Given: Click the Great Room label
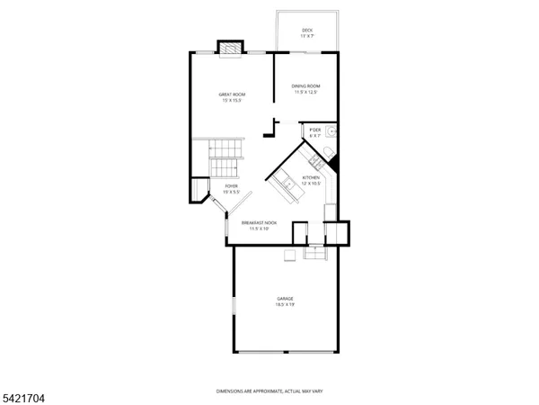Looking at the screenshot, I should [233, 94].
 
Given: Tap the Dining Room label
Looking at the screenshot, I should [305, 86].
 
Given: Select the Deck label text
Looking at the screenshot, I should [307, 31].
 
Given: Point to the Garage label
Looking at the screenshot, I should [286, 299].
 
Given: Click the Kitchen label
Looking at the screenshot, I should [311, 178].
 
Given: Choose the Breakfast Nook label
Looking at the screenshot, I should [259, 222].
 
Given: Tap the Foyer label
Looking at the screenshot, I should [231, 186].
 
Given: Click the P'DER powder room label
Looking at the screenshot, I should [314, 130].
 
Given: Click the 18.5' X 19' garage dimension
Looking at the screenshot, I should [286, 305].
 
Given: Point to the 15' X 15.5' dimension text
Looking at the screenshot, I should [233, 101].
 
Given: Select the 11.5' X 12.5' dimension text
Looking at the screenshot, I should [305, 93].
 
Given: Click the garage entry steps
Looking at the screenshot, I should [315, 254].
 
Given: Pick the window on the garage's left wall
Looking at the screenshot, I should [234, 307].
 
